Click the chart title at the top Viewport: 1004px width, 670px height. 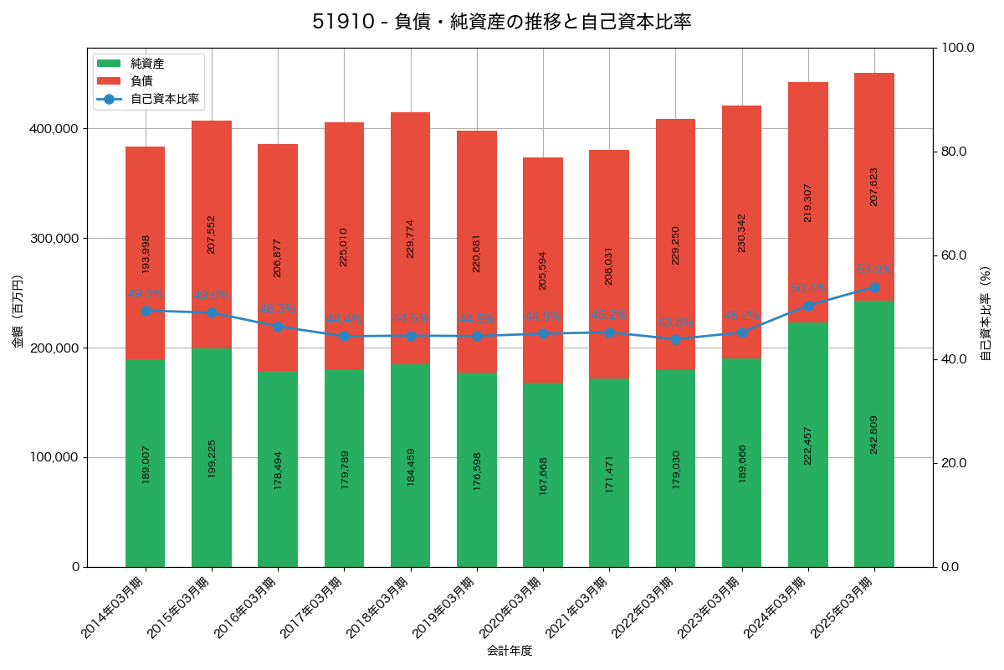coord(501,22)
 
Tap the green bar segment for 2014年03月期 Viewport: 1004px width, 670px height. coord(145,463)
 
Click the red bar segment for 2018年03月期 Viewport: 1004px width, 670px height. coord(410,238)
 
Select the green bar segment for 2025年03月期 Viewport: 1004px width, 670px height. coord(874,434)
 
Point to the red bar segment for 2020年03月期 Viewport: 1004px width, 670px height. coord(543,270)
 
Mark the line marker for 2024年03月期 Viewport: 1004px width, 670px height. coord(808,306)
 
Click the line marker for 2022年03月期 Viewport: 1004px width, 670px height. coord(675,339)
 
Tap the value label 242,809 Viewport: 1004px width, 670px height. coord(874,435)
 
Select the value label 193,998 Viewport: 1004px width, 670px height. coord(146,254)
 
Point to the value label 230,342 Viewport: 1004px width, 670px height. coord(741,233)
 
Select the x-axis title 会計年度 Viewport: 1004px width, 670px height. coord(510,650)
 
